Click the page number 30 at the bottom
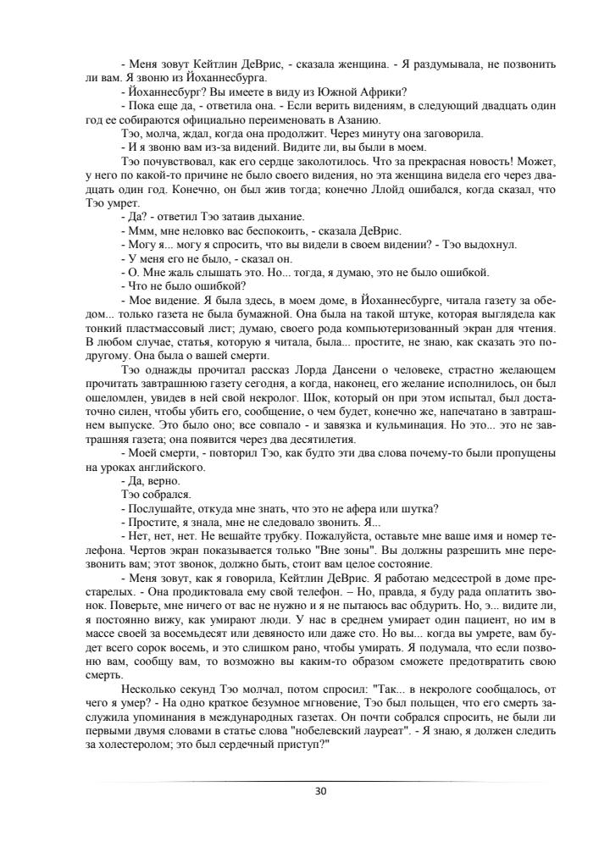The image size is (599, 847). click(320, 791)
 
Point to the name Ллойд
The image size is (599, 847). click(394, 190)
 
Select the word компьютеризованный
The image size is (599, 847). click(367, 313)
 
